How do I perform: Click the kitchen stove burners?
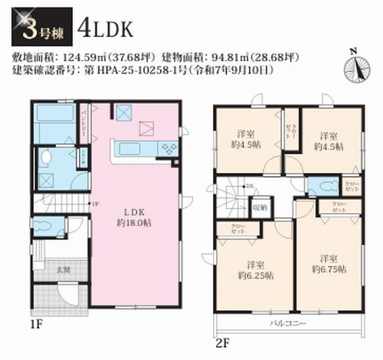coord(168,146)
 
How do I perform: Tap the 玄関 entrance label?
coord(61,270)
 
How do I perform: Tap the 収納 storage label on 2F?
coord(259,208)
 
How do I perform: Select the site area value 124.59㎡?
coord(80,57)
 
